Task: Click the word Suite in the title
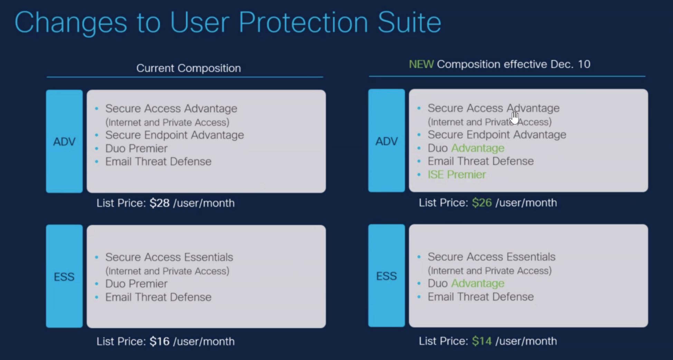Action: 409,22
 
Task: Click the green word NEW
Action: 421,64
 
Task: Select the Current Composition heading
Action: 189,68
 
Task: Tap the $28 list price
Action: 159,203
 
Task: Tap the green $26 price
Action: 482,202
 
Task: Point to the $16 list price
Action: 159,341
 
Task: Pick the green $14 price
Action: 482,341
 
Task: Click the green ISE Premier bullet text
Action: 457,174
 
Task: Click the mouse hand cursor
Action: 514,117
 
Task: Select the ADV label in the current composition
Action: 64,142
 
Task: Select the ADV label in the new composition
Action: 387,141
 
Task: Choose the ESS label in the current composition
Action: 64,277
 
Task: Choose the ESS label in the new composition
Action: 387,276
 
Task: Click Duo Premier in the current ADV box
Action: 136,148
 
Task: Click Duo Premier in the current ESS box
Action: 136,284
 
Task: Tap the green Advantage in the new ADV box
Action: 478,148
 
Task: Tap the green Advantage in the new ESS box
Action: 478,283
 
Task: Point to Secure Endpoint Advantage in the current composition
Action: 174,135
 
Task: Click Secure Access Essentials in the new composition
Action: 492,257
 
